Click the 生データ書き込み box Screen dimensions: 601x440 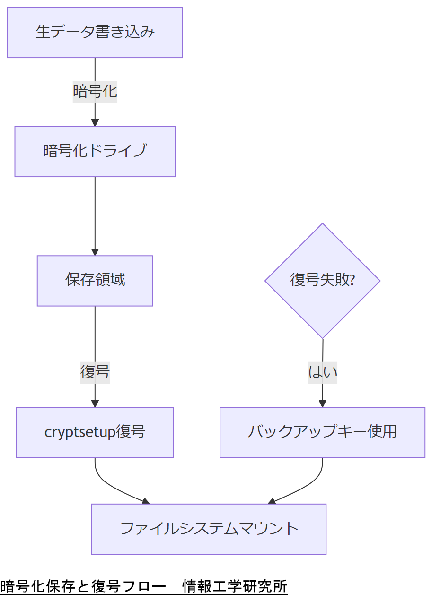click(95, 33)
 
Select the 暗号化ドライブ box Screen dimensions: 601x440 click(95, 152)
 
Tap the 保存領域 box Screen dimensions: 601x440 click(95, 281)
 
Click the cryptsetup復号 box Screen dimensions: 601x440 click(95, 432)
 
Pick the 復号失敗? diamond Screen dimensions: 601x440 click(322, 281)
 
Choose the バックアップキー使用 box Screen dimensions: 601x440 click(322, 432)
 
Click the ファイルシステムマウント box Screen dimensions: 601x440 click(209, 529)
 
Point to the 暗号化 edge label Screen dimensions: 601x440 click(95, 91)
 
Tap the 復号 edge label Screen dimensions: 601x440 click(95, 372)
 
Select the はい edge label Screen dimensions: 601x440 click(322, 372)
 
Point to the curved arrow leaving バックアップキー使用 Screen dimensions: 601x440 click(308, 484)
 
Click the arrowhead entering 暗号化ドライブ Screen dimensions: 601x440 click(95, 123)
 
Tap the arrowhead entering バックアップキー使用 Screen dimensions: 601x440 click(322, 404)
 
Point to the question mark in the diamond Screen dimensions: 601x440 click(352, 281)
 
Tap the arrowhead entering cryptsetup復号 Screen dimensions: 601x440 click(95, 404)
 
